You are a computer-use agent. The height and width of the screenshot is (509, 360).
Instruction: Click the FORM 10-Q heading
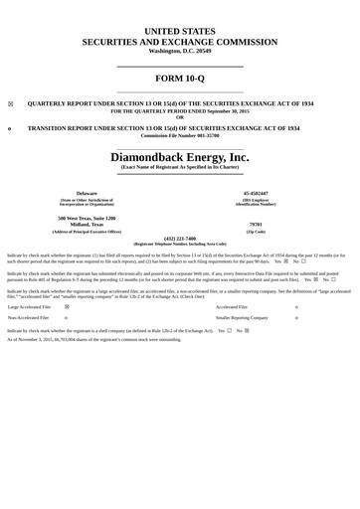[x=180, y=79]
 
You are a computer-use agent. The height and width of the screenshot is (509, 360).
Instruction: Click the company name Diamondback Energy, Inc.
[x=180, y=157]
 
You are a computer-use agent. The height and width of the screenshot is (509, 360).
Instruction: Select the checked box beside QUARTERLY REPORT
[x=11, y=102]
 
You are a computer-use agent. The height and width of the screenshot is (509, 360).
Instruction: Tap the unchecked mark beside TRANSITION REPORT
[x=11, y=128]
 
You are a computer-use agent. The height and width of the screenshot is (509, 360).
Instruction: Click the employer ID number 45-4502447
[x=256, y=192]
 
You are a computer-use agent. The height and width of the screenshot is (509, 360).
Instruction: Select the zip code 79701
[x=256, y=225]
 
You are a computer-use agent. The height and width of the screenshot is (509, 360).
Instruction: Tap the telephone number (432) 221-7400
[x=180, y=238]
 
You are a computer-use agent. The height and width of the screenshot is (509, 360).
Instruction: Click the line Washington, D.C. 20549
[x=180, y=50]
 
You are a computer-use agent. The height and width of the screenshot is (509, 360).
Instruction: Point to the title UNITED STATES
[x=180, y=32]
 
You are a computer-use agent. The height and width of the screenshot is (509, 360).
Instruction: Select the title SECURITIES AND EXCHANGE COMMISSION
[x=180, y=42]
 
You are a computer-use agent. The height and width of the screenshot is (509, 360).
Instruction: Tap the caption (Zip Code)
[x=256, y=231]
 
